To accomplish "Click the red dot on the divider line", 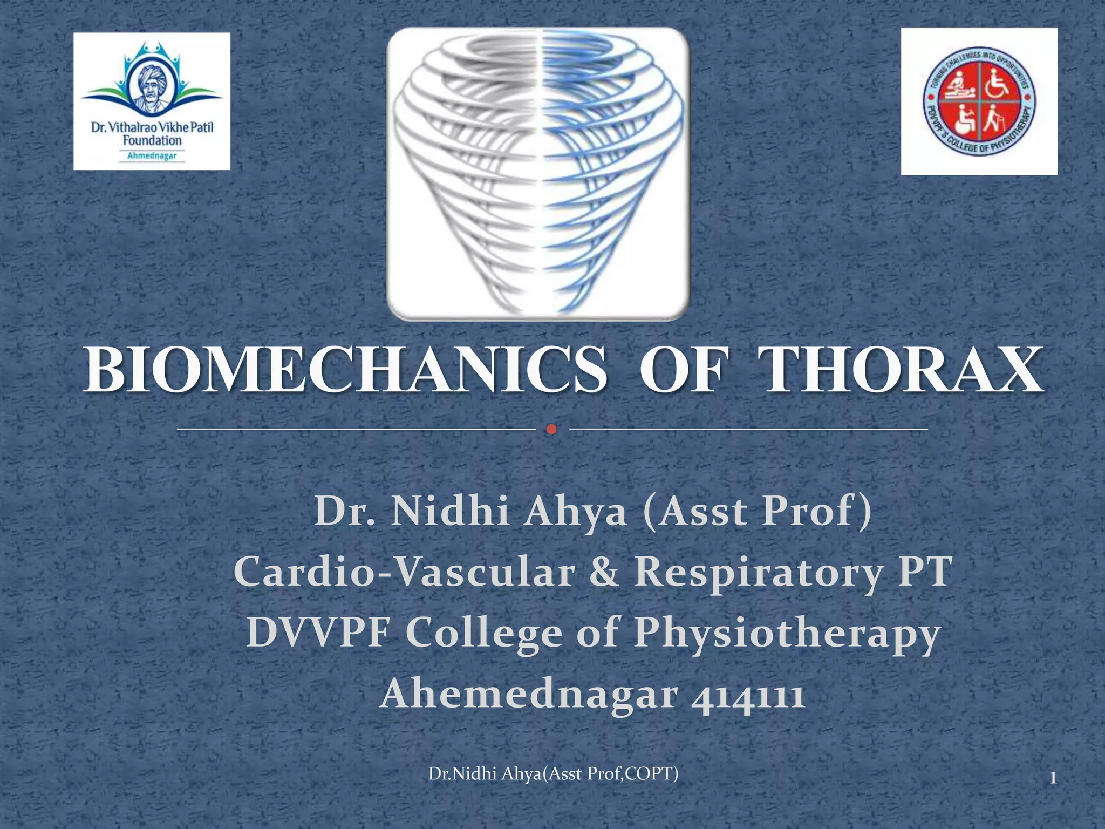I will point(551,430).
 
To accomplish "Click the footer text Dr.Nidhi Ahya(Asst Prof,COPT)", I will point(553,773).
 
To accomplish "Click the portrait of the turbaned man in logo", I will point(151,86).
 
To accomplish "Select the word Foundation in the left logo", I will point(152,141).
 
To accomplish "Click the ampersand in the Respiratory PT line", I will point(604,572).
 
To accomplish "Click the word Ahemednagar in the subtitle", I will point(529,695).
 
